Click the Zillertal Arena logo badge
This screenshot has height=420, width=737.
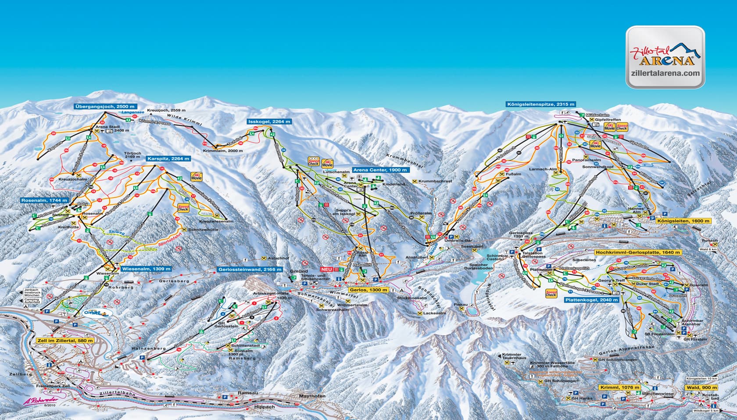coord(665,57)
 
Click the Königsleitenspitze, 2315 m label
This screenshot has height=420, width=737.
coord(540,104)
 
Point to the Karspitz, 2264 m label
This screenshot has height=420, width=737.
coord(168,159)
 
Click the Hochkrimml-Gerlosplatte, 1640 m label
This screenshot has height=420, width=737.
coord(637,253)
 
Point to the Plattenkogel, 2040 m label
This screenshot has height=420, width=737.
coord(590,300)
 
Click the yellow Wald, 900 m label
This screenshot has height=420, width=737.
coord(702,388)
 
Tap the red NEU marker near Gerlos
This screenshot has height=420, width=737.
coord(326,269)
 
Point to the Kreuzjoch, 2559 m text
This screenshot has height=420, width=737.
coord(166,110)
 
